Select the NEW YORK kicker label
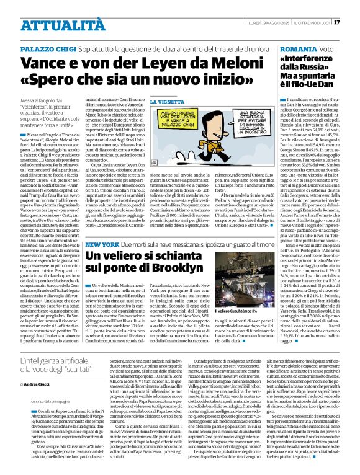tap(101, 228)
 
